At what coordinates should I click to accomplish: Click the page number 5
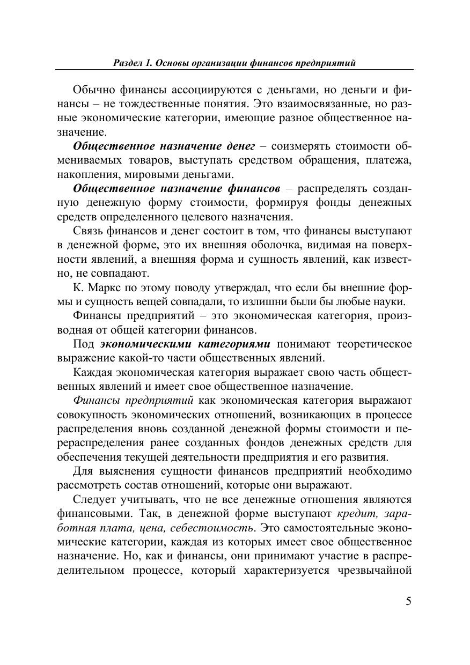(x=409, y=601)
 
